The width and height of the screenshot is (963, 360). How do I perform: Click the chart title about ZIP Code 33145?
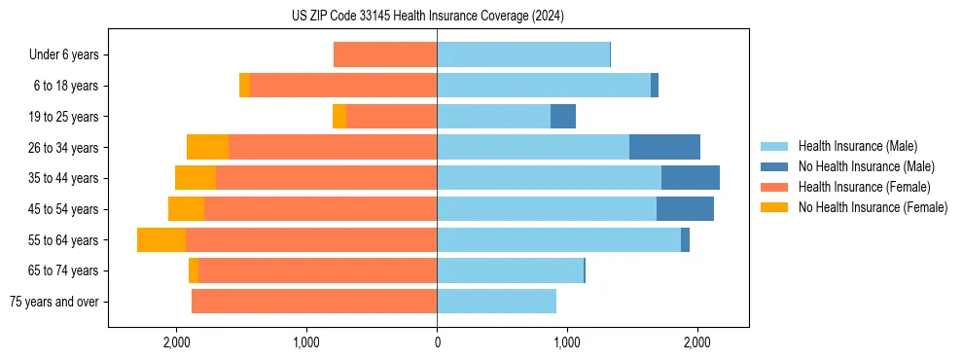(x=428, y=16)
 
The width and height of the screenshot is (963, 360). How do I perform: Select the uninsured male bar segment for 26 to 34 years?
(x=664, y=147)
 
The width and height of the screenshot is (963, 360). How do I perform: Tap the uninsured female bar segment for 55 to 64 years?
(x=161, y=239)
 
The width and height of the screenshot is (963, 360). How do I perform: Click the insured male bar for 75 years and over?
(x=496, y=302)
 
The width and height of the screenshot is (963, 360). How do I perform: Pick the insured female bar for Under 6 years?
(x=385, y=54)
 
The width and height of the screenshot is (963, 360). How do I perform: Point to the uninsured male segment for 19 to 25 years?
(x=563, y=117)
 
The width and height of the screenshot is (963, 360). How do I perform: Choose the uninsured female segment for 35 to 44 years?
(x=196, y=178)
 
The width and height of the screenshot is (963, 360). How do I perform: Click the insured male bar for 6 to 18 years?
(x=544, y=86)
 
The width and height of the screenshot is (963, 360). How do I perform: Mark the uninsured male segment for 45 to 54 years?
(x=685, y=209)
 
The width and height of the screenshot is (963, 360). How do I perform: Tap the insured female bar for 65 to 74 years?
(x=317, y=270)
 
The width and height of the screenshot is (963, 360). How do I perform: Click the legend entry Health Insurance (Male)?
(x=857, y=146)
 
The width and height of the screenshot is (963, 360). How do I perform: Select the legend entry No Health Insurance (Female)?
(x=873, y=207)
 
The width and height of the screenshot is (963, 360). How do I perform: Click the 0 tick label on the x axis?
(x=437, y=342)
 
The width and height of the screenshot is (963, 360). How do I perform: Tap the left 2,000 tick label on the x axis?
(x=176, y=342)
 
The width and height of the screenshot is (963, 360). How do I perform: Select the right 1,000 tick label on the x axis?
(x=567, y=342)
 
